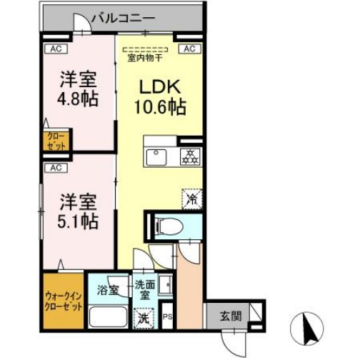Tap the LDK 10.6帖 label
tap(161, 99)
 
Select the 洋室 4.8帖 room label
tap(76, 88)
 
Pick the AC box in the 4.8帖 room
tap(53, 49)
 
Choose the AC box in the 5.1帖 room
tap(53, 168)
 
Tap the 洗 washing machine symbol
tap(144, 316)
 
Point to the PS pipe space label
tap(168, 317)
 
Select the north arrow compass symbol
tap(310, 328)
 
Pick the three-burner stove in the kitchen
tap(190, 157)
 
